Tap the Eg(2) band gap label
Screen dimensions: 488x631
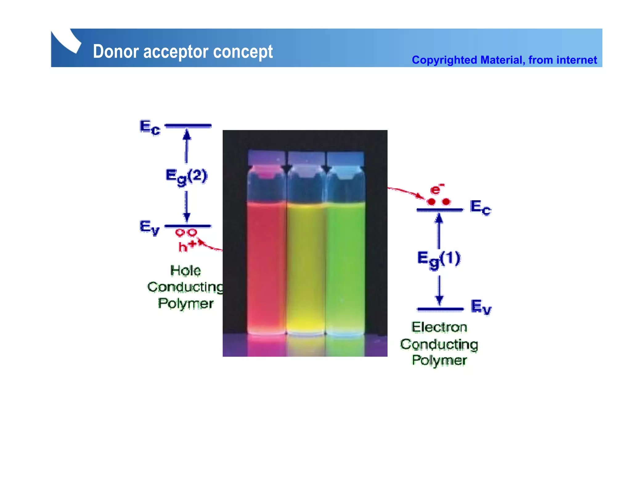pyautogui.click(x=186, y=176)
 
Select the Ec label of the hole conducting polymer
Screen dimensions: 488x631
pyautogui.click(x=150, y=127)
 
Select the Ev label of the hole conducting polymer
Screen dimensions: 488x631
pyautogui.click(x=149, y=227)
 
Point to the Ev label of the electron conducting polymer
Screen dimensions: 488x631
pyautogui.click(x=481, y=307)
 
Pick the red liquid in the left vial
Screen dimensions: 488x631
pyautogui.click(x=266, y=265)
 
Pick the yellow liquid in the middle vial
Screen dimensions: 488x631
pyautogui.click(x=306, y=265)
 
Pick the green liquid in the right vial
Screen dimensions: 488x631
pyautogui.click(x=345, y=265)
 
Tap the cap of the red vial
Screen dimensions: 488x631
pyautogui.click(x=266, y=158)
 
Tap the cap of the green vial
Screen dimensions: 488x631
pyautogui.click(x=345, y=158)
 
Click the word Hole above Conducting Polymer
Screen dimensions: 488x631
pyautogui.click(x=185, y=271)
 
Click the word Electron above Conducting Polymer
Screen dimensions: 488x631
pyautogui.click(x=439, y=327)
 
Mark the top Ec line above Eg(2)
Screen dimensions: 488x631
pyautogui.click(x=188, y=126)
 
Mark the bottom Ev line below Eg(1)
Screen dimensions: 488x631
pyautogui.click(x=440, y=309)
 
